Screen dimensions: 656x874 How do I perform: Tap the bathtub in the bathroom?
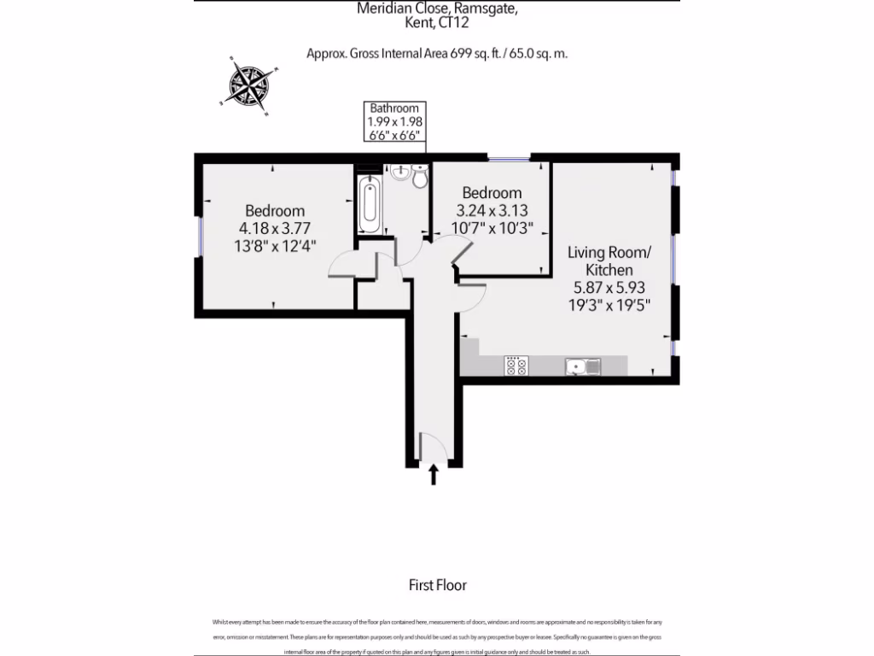[x=370, y=205]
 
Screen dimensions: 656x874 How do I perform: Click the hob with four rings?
[x=516, y=366]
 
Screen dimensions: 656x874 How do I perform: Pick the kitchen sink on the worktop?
[x=583, y=366]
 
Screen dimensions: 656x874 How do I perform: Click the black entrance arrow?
[x=433, y=475]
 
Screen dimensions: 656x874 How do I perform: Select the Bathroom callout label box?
[x=394, y=121]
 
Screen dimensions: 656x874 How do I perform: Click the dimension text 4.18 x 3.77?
[x=275, y=228]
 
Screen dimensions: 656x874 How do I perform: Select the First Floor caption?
[x=438, y=585]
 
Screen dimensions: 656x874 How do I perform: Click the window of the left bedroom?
[x=198, y=236]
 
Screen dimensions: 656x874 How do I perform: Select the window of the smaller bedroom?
[x=509, y=157]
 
